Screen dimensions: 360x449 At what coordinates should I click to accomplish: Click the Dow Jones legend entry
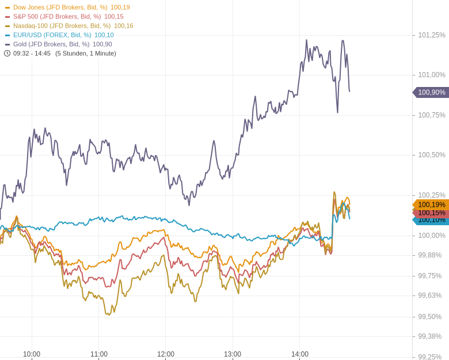pos(60,7)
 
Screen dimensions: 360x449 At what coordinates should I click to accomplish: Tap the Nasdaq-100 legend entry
pos(62,26)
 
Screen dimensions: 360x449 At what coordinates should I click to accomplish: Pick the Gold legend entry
pos(51,44)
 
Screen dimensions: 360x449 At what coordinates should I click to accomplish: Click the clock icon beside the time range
pos(7,54)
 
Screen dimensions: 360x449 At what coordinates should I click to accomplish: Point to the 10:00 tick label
pos(32,354)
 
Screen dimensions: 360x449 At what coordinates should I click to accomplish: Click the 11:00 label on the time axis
pos(99,354)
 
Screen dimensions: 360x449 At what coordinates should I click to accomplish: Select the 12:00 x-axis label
pos(166,354)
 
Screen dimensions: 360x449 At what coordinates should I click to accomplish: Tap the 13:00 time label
pos(233,354)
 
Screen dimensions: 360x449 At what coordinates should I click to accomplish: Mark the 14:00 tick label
pos(300,354)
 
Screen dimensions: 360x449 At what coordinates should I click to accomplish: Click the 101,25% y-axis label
pos(432,35)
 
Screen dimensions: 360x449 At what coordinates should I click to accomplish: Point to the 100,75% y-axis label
pos(432,115)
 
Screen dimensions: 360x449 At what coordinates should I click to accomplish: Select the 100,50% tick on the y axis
pos(432,155)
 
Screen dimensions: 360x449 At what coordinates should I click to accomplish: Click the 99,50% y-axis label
pos(429,317)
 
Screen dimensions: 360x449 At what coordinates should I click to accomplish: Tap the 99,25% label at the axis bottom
pos(429,357)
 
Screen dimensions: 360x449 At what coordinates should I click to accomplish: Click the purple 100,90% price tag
pos(431,92)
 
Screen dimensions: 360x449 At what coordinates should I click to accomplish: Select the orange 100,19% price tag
pos(431,204)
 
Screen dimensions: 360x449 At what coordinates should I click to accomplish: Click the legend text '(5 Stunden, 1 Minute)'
pos(86,54)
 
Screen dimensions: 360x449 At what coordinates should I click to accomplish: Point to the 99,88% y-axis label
pos(429,255)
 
